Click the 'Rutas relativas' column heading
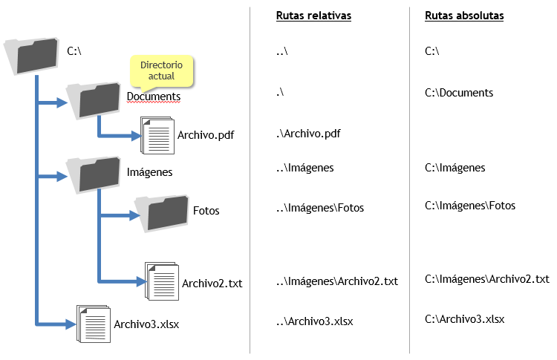pos(313,16)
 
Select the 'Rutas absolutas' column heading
pos(464,16)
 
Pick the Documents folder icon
pos(94,99)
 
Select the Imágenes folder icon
pos(94,173)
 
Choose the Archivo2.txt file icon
pos(161,282)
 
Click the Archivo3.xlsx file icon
pos(94,324)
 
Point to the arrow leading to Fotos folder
pos(119,216)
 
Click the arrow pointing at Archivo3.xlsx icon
pos(56,324)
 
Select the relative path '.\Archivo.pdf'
pos(307,133)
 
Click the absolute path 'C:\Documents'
pos(459,93)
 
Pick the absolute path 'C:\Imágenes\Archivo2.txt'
pos(486,279)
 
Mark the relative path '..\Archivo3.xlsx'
pos(314,321)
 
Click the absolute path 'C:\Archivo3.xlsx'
pos(464,319)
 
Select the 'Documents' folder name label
pos(154,96)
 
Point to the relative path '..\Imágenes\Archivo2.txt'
pos(336,281)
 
